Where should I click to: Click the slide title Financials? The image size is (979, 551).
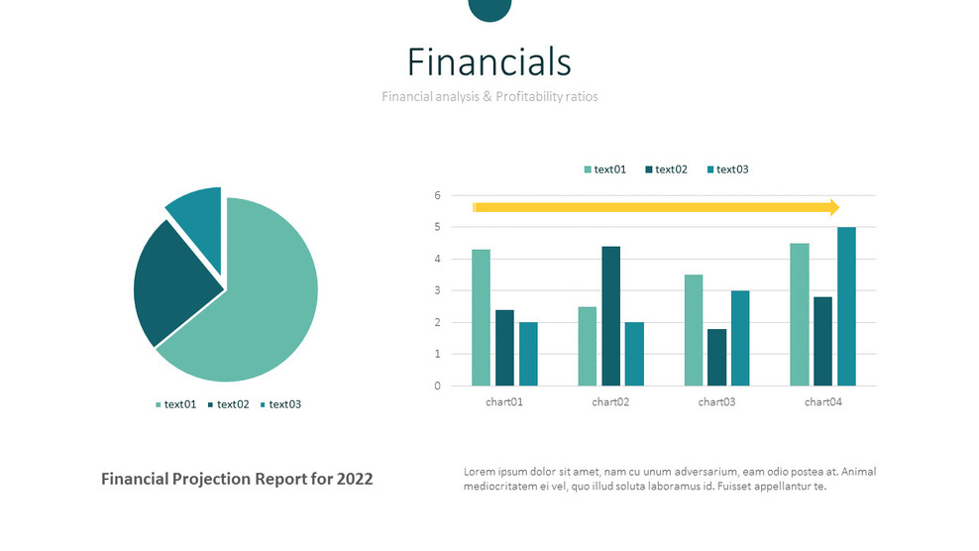click(x=489, y=61)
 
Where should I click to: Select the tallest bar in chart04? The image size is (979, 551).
click(x=846, y=306)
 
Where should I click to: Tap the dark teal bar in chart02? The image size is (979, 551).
click(x=611, y=316)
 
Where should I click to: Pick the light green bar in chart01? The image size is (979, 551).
click(x=481, y=317)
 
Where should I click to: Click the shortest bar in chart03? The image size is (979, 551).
click(x=716, y=358)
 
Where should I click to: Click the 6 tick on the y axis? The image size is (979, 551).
click(x=438, y=195)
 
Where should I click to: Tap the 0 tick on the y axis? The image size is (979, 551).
click(x=438, y=386)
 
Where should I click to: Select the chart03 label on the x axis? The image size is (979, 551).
click(x=716, y=401)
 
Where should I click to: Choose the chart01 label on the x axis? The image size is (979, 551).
click(x=504, y=401)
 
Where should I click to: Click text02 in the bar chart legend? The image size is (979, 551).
click(x=671, y=169)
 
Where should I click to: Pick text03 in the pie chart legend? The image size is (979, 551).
click(x=284, y=404)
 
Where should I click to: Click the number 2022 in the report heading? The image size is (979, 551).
click(x=355, y=479)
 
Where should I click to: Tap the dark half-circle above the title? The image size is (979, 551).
click(x=490, y=9)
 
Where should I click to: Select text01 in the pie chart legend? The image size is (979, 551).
click(x=179, y=404)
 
